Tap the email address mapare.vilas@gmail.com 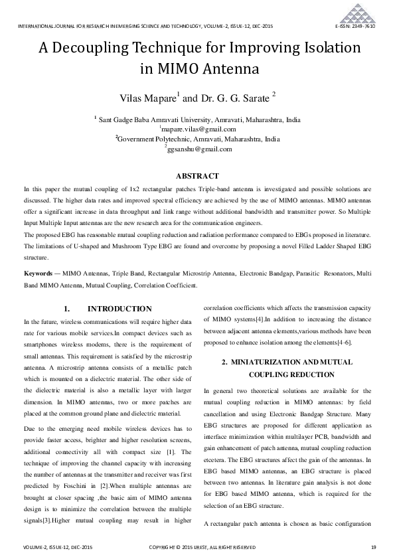point(198,129)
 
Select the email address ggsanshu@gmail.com point(198,149)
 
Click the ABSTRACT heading point(197,176)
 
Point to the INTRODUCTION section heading point(119,309)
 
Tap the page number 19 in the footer point(373,546)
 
